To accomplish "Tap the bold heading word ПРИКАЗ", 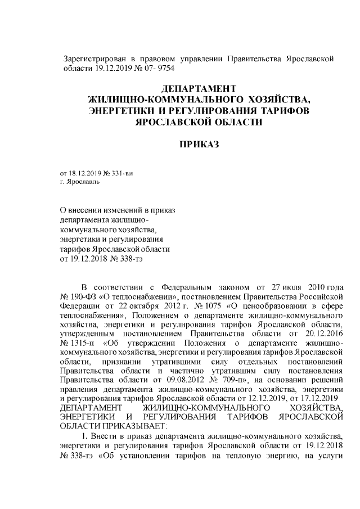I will click(x=198, y=145).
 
